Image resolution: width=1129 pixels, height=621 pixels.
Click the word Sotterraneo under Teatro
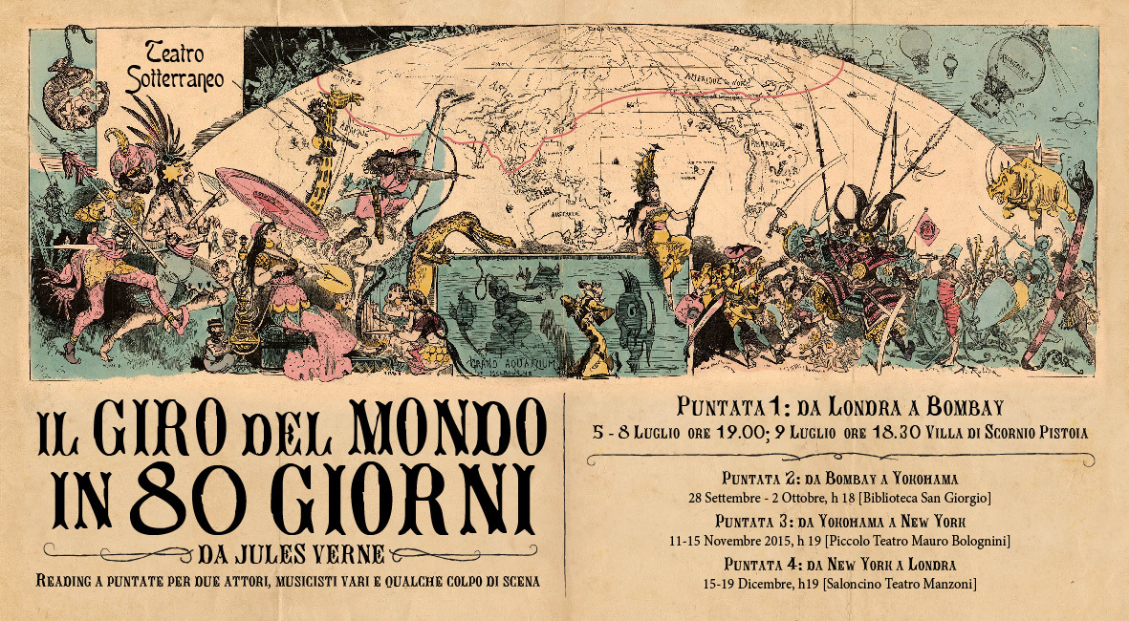176,80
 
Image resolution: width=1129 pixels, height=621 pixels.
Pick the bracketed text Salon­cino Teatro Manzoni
904,583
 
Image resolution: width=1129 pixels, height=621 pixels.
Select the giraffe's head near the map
342,98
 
